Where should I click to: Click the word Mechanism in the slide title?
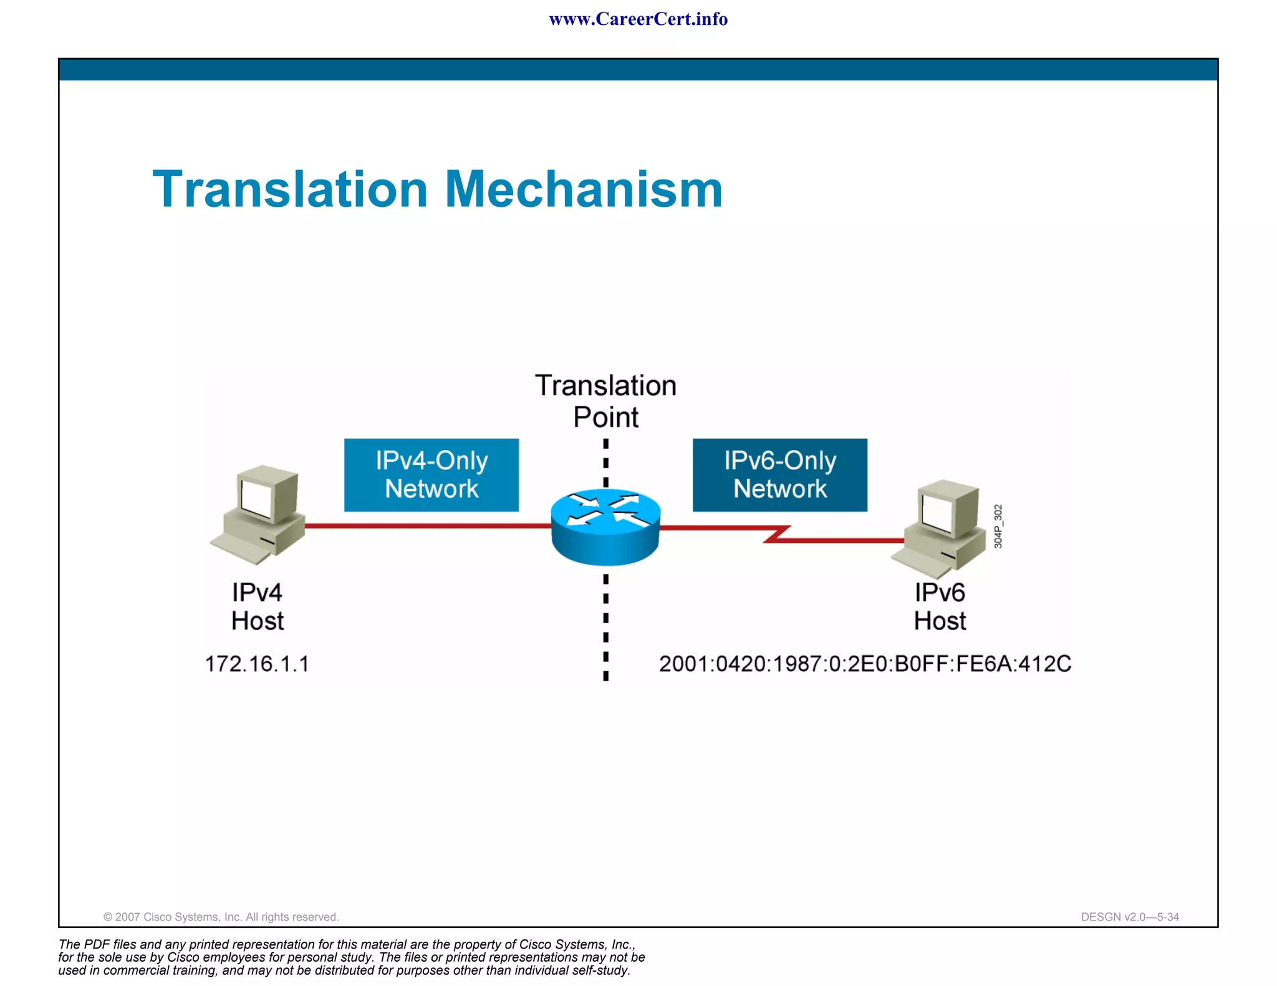coord(584,189)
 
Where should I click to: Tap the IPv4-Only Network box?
coord(431,475)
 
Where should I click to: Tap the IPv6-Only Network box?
coord(779,475)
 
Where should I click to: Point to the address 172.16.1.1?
coord(257,664)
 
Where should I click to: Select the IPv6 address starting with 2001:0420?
coord(865,664)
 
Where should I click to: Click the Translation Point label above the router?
coord(605,401)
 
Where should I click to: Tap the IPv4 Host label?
coord(257,606)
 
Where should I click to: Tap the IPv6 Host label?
coord(940,606)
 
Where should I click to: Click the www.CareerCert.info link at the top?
coord(638,19)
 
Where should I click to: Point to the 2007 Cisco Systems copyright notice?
coord(221,917)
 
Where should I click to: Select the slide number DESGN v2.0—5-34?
coord(1129,917)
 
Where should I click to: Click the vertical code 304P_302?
coord(998,527)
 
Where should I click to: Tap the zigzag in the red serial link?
coord(777,534)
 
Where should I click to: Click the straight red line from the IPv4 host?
coord(427,526)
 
